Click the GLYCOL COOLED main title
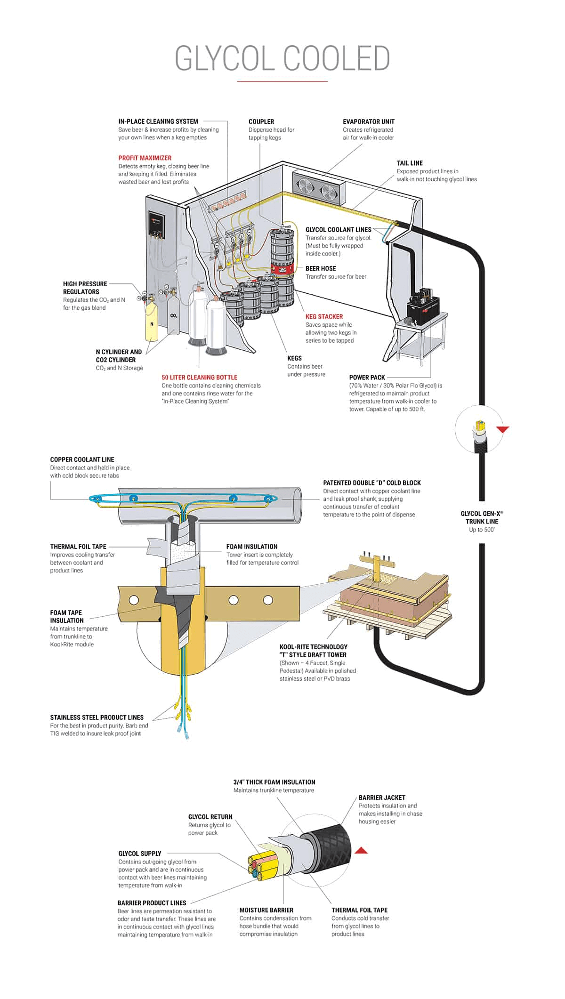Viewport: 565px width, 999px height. (282, 58)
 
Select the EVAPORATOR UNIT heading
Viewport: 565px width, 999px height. (368, 121)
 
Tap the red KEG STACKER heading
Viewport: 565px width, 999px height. (324, 316)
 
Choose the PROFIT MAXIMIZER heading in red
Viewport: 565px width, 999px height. (145, 158)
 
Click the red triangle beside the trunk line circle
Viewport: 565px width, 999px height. (503, 429)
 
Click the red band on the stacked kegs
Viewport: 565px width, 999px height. (282, 269)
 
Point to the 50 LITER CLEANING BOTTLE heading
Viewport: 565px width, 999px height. (199, 377)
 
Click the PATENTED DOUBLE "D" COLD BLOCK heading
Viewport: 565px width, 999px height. (371, 483)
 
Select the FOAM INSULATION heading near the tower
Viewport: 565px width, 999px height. (251, 547)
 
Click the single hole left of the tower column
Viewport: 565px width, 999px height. (134, 600)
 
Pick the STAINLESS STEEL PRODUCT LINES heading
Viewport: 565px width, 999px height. (97, 717)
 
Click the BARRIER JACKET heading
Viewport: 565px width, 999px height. (381, 798)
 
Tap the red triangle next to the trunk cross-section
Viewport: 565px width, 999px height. (361, 850)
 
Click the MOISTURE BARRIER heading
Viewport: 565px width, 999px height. (266, 910)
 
